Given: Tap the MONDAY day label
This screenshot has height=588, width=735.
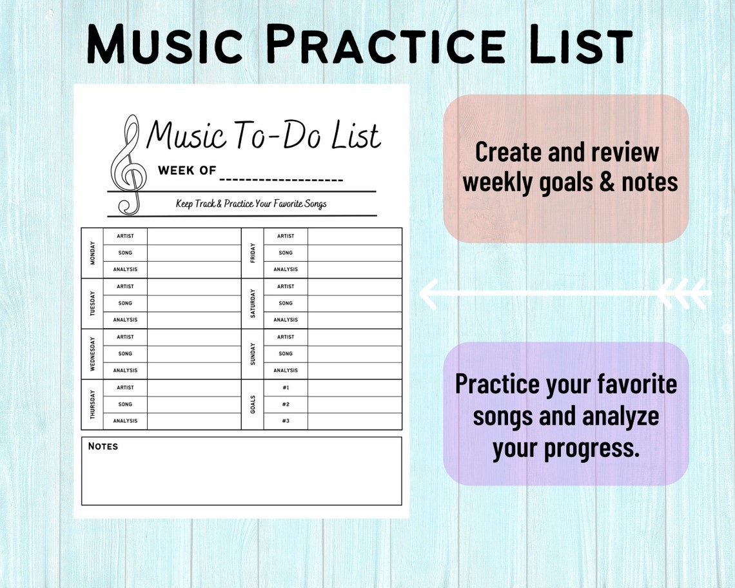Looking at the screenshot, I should point(92,253).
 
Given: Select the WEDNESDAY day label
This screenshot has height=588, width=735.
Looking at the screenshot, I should point(92,354).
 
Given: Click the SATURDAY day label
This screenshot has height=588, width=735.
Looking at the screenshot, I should point(253,303).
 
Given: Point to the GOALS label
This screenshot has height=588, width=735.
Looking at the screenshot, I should point(253,404).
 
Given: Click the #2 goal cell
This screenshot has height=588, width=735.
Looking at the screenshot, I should point(286,404).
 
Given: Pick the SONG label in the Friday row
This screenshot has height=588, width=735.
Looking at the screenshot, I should point(286,253).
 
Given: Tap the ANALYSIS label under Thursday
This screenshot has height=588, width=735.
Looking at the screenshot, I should point(125,421).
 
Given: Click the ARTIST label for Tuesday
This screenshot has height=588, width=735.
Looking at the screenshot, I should point(125,286).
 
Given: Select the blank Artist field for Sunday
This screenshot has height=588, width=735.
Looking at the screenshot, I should point(355,337).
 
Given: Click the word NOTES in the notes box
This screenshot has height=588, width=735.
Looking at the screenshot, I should point(103,446).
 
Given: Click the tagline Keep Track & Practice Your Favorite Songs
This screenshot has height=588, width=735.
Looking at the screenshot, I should point(251,204).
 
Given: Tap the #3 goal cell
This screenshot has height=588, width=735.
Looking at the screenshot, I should point(286,421).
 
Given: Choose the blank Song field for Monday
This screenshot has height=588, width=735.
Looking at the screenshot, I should point(193,253).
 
